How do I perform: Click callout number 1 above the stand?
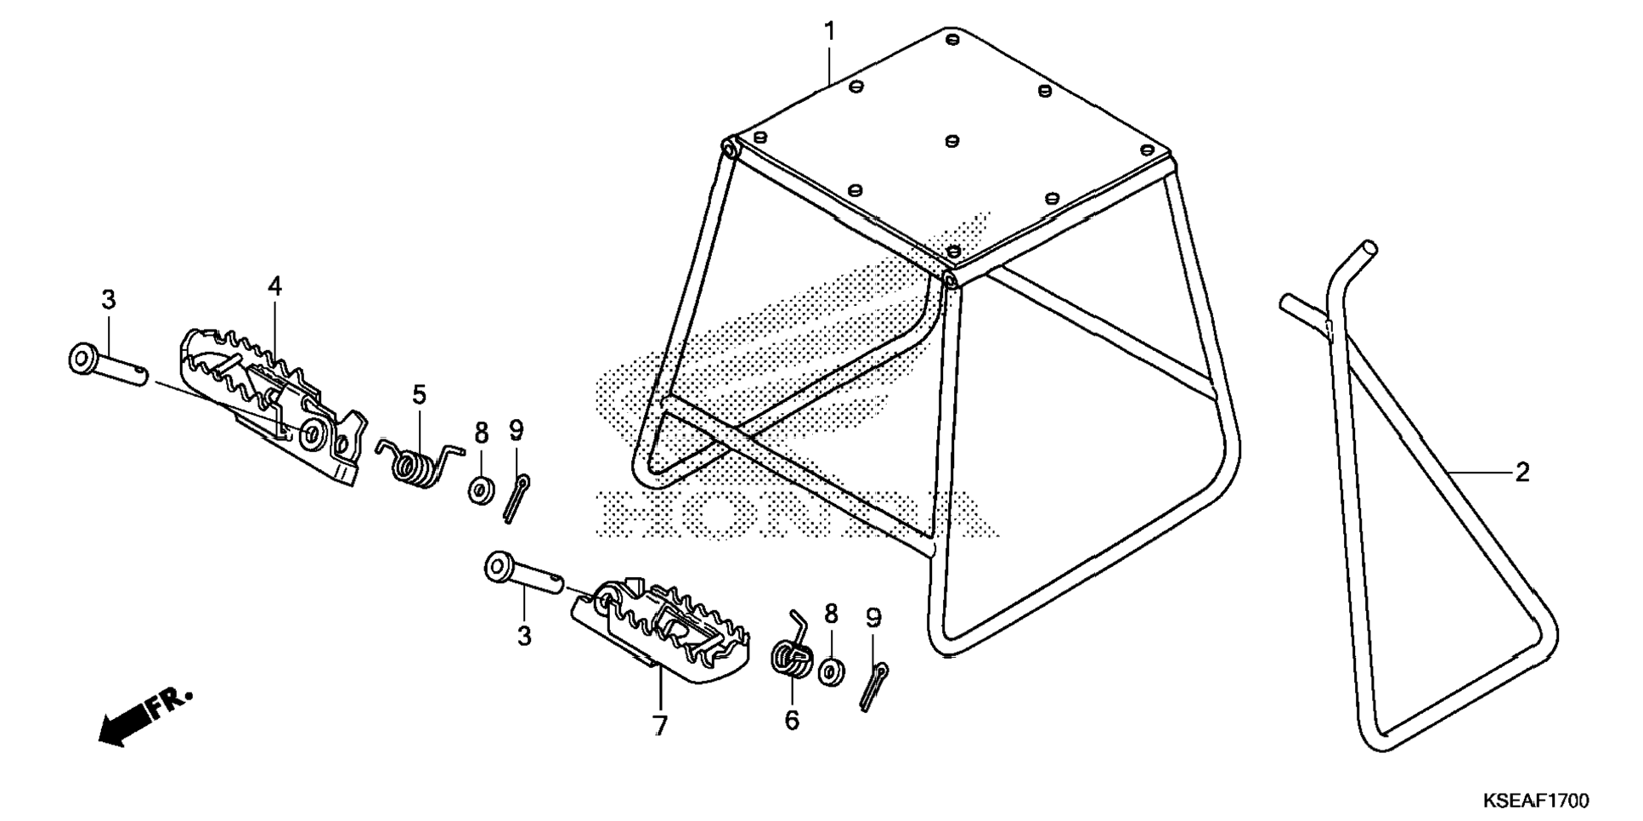click(829, 32)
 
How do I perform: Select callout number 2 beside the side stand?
click(1522, 473)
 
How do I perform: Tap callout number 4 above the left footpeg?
click(274, 286)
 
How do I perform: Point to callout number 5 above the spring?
click(419, 395)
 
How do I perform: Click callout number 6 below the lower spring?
click(792, 721)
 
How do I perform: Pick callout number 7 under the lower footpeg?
click(660, 726)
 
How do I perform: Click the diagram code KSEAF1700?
click(1535, 801)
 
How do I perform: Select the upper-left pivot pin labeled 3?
click(106, 363)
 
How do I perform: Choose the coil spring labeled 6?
click(792, 656)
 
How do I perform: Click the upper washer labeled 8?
click(482, 491)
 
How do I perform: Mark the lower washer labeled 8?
click(831, 671)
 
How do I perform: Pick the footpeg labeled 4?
click(272, 399)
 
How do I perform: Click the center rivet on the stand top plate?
click(951, 140)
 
